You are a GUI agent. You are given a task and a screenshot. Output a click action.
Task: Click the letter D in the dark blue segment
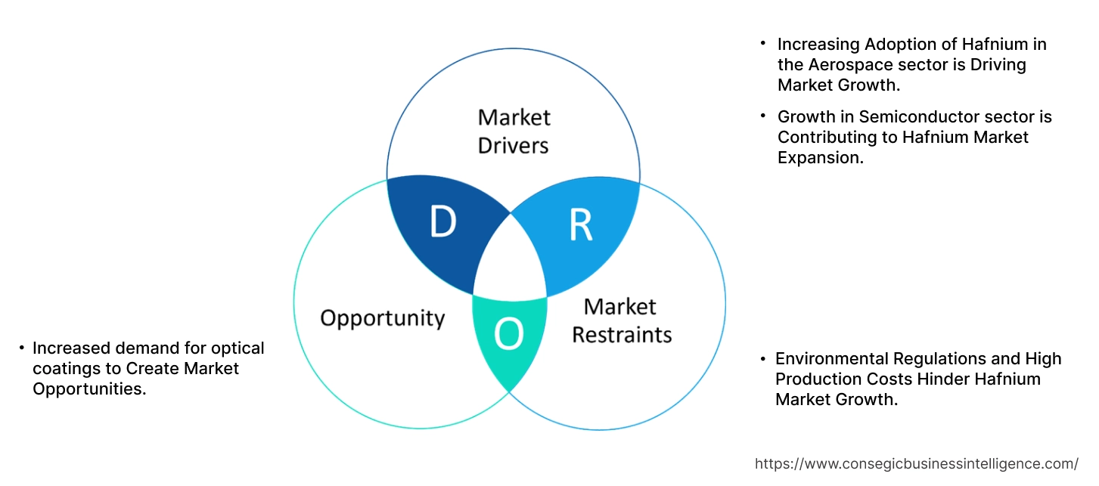tap(442, 221)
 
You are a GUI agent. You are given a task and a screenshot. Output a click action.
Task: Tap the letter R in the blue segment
tap(580, 225)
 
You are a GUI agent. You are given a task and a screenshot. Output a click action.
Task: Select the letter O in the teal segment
tap(508, 333)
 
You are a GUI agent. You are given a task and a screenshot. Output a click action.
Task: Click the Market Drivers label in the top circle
tap(514, 131)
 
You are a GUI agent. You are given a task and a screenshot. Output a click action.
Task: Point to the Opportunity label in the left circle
tap(382, 317)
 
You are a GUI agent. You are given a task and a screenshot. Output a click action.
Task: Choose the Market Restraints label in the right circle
tap(621, 320)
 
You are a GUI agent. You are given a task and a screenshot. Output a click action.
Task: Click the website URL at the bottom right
tap(917, 463)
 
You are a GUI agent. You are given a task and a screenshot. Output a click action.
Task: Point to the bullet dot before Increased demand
tap(21, 348)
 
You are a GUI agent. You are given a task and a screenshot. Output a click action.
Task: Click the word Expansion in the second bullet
tap(820, 158)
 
